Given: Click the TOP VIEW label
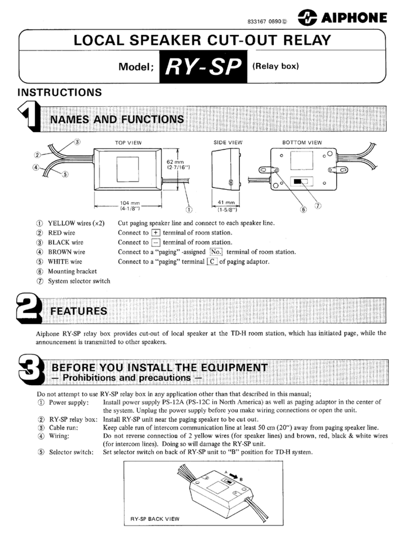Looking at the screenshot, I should click(128, 143).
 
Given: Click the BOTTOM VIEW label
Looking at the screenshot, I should click(302, 143).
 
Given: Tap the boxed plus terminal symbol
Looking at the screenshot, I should click(146, 232).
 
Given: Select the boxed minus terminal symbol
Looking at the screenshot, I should click(146, 242).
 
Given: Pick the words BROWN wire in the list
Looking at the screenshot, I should click(66, 252).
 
